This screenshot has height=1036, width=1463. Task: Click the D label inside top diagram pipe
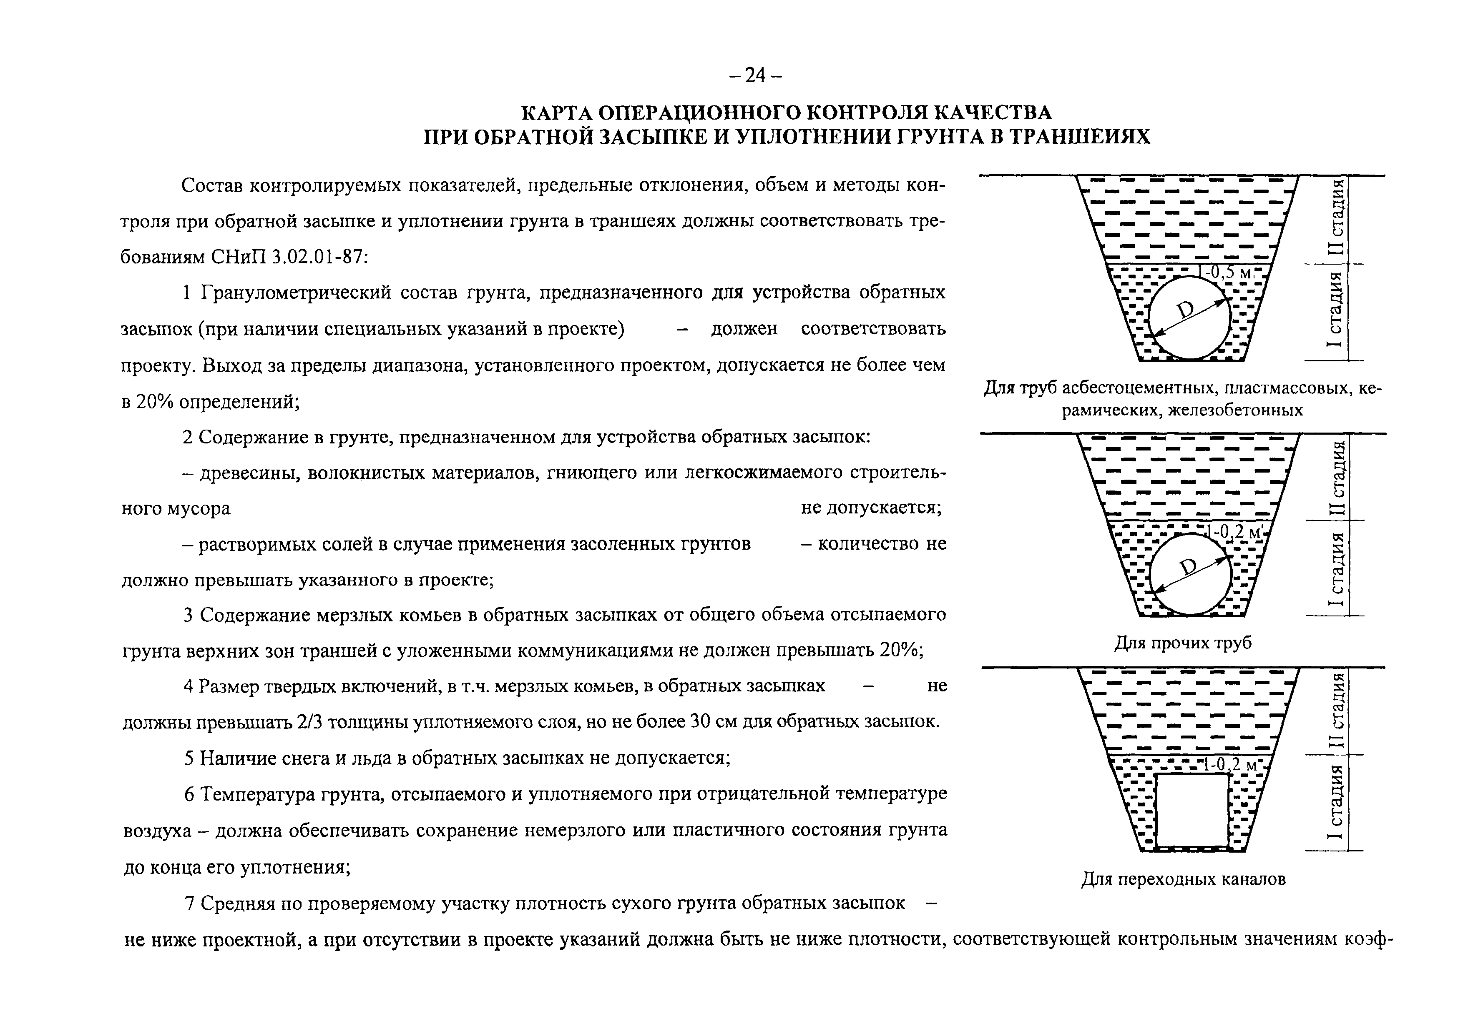tap(1185, 310)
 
